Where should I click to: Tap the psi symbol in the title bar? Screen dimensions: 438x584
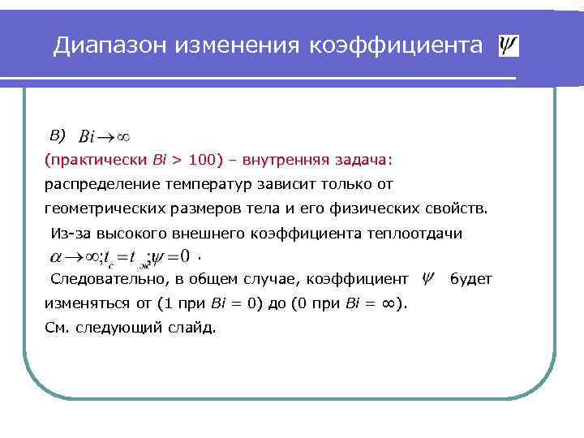[x=509, y=45]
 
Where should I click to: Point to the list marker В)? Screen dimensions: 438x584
[x=56, y=132]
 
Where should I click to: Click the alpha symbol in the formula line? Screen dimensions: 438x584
[x=56, y=258]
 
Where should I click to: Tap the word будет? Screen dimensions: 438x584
[x=471, y=280]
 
